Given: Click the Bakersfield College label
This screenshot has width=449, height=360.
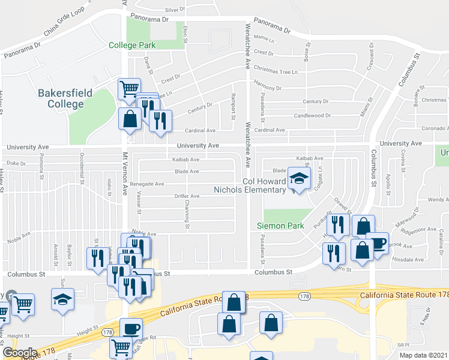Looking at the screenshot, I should pos(61,98).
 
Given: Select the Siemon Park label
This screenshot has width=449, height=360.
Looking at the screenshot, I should pos(276,226).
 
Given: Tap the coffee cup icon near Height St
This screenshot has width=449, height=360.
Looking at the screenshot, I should pos(131,329).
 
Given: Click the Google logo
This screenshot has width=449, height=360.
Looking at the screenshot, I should pos(20,353).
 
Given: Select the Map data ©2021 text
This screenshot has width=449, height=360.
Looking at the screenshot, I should pos(423,355).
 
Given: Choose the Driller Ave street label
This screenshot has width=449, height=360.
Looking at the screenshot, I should pos(187,196).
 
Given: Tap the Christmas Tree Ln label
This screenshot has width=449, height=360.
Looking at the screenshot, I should pos(276,71).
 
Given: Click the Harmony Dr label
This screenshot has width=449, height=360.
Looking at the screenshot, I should pos(267,88).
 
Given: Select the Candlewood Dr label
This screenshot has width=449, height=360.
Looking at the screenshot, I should pos(312,115).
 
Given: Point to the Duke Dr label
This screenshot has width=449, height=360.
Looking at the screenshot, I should pos(17,163).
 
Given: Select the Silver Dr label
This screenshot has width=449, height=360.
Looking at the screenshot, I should pos(175,10).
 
